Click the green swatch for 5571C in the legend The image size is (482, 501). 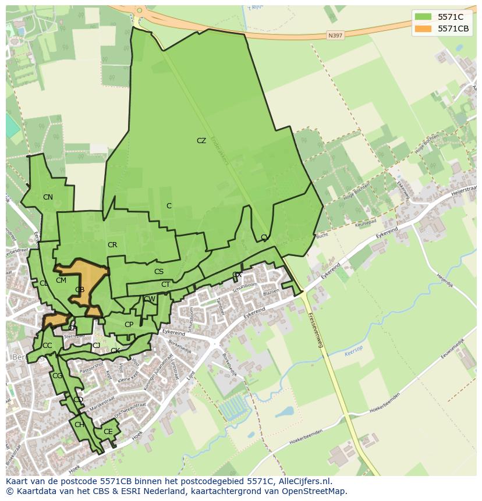[x=424, y=17]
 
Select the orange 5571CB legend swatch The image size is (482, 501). [x=424, y=29]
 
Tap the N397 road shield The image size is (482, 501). [x=335, y=35]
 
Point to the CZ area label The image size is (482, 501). [x=201, y=141]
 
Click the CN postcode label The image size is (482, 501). [x=48, y=197]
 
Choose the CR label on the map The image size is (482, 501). [x=112, y=245]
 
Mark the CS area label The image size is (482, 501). [x=159, y=272]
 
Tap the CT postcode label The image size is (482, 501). [x=165, y=285]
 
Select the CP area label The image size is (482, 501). [x=129, y=325]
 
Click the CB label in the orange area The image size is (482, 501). [x=80, y=290]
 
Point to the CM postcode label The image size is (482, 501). [x=61, y=280]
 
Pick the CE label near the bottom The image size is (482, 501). [x=108, y=432]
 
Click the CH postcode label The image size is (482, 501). [x=79, y=425]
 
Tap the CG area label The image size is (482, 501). [x=57, y=376]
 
